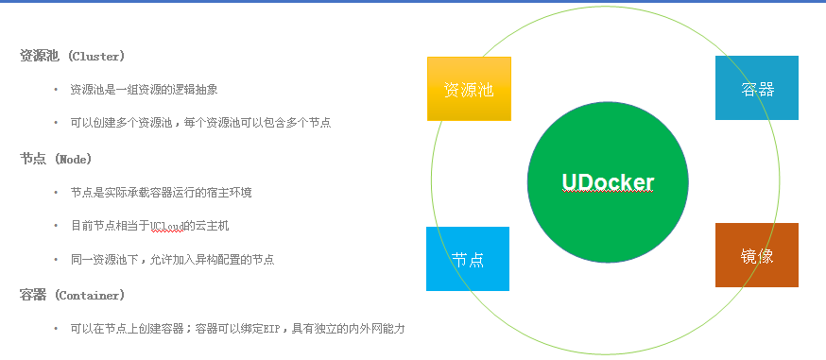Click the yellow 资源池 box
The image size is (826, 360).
469,89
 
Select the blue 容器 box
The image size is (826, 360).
757,88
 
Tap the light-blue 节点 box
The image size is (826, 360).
468,259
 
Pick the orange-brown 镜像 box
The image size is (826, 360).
757,255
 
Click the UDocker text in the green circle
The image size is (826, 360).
608,182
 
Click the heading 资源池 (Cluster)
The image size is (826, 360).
72,57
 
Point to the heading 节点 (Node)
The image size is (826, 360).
56,159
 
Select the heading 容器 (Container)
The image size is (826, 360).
72,295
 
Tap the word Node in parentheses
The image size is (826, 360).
73,159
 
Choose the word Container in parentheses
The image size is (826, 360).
88,295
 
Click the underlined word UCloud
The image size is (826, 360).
166,227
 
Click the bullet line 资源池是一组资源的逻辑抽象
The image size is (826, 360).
144,90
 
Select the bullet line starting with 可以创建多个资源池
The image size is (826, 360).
200,123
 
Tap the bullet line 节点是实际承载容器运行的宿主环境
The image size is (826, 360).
162,193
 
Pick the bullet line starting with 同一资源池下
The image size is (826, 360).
173,260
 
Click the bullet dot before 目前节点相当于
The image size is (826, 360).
56,227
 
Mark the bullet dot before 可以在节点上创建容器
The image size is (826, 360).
56,330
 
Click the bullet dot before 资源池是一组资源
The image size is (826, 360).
56,90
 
